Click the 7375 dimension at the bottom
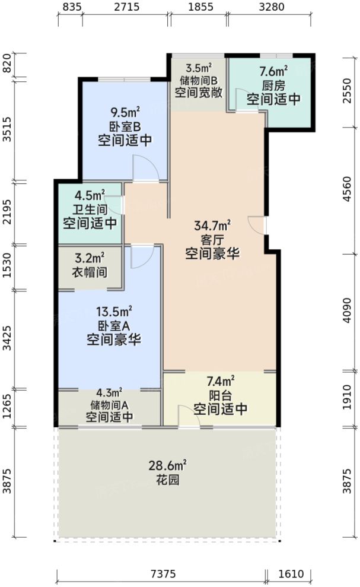[161, 574]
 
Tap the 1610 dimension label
[291, 574]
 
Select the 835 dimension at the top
[71, 8]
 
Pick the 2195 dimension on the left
[7, 212]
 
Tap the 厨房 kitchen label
[274, 85]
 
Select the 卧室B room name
[125, 126]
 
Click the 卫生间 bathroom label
[90, 209]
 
